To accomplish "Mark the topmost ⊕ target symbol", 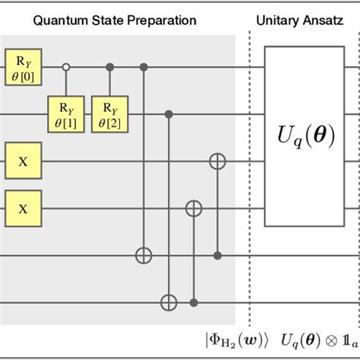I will pos(218,162).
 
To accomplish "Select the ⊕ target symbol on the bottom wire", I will pos(169,302).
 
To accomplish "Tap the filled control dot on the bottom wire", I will pos(195,302).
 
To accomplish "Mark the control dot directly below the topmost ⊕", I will pos(218,256).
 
